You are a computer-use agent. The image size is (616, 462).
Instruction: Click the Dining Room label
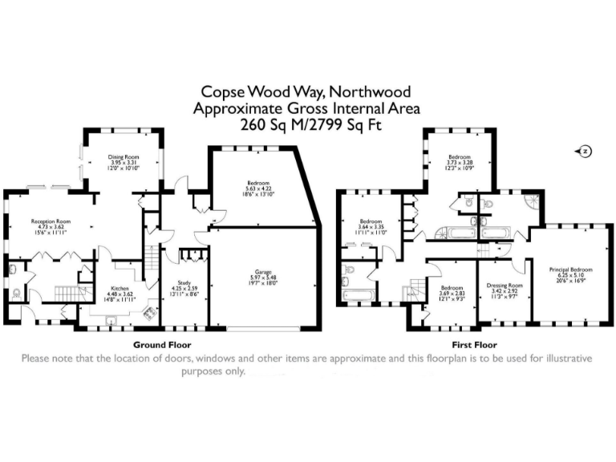(x=124, y=158)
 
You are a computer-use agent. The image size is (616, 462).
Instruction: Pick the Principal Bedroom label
(x=570, y=269)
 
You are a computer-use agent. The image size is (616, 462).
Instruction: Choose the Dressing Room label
(x=505, y=286)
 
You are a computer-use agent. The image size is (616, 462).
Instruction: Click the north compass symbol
(x=585, y=151)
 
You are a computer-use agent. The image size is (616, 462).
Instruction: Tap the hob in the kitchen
(x=148, y=315)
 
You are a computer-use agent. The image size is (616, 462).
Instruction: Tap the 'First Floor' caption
(x=479, y=344)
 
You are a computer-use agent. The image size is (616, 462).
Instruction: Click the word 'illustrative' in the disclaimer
(x=563, y=359)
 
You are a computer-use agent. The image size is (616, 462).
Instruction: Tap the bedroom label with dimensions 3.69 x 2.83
(x=452, y=293)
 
